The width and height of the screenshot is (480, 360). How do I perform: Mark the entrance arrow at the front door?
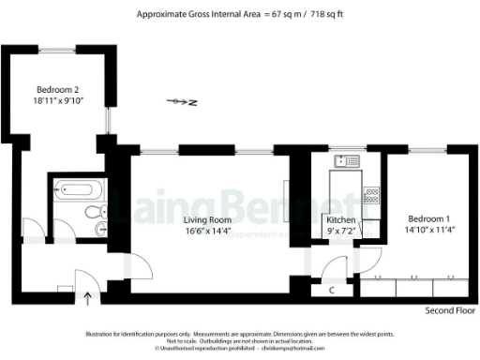click(89, 299)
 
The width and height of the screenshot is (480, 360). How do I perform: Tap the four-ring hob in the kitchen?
click(370, 195)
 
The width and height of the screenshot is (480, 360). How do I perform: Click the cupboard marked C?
click(333, 290)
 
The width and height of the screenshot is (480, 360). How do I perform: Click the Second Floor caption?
click(450, 310)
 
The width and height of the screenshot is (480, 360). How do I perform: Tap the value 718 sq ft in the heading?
click(324, 14)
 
